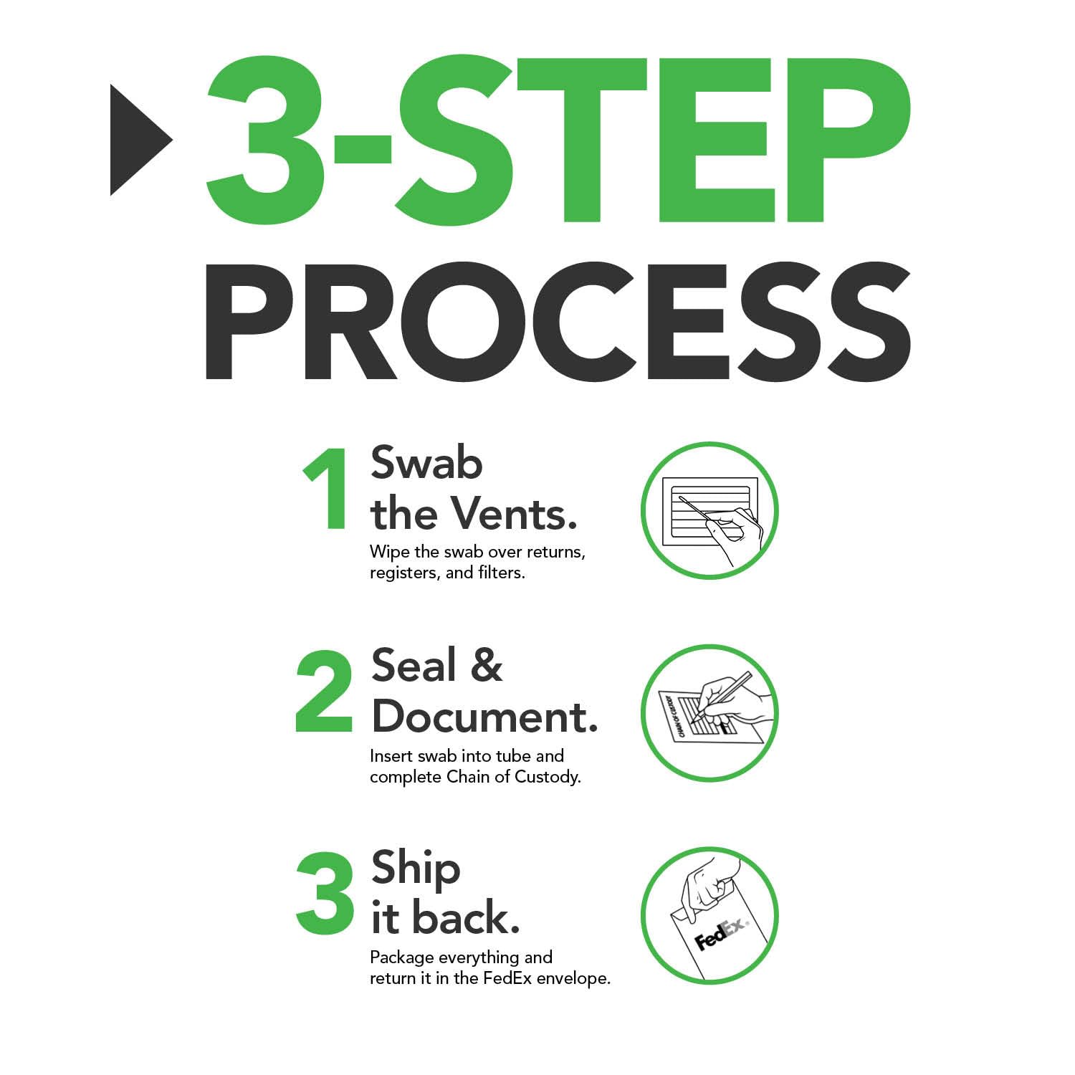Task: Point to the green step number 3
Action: coord(325,894)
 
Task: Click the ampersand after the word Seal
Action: coord(487,664)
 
